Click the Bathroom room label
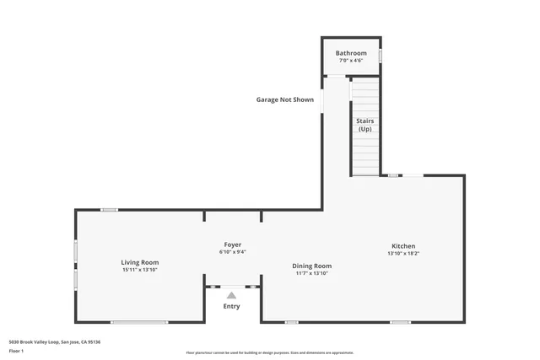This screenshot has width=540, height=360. (351, 53)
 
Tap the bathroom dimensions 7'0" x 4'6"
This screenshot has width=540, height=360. (351, 61)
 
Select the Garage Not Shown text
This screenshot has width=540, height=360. (285, 99)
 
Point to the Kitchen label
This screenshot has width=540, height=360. (402, 246)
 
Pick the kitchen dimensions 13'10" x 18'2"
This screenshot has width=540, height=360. (402, 254)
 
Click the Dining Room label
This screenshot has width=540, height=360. (312, 266)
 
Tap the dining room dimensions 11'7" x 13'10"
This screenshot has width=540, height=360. (312, 273)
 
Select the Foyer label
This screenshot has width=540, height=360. (232, 244)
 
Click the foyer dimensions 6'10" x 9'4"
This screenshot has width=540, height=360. (232, 251)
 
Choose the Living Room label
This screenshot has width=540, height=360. (139, 262)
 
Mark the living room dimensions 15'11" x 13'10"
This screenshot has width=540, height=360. (139, 270)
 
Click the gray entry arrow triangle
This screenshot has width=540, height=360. (231, 295)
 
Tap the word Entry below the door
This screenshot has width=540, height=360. (231, 306)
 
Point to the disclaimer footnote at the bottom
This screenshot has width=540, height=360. (269, 352)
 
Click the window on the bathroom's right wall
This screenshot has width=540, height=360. (380, 56)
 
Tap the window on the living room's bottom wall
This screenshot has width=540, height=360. (139, 322)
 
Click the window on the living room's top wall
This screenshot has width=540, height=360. (109, 210)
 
